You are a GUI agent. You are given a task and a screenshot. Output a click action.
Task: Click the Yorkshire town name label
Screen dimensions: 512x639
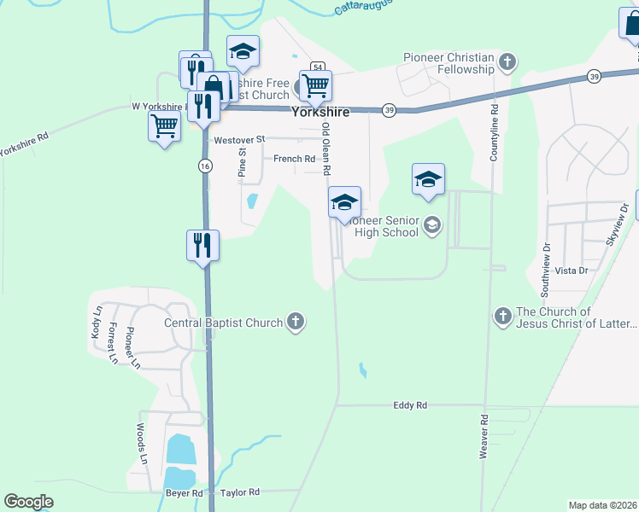[322, 111]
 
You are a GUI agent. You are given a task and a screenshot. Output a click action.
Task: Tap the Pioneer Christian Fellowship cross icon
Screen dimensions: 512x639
[508, 61]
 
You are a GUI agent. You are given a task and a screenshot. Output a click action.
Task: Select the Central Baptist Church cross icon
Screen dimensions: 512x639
[296, 322]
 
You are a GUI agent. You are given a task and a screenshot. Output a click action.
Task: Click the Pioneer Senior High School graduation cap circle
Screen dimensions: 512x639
[432, 225]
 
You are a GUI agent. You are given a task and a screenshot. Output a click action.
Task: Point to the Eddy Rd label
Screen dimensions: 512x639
[410, 405]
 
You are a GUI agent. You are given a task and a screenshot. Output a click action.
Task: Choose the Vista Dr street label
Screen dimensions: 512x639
[572, 271]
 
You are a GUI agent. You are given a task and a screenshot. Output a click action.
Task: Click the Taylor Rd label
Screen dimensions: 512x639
[238, 492]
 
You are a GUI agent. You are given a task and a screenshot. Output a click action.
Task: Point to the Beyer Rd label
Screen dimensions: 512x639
[185, 493]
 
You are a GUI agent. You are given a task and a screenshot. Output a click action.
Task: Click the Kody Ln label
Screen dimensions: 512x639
[96, 324]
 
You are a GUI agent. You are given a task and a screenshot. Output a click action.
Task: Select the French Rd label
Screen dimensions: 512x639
[294, 159]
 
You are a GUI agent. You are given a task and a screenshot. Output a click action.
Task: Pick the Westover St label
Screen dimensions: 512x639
[240, 139]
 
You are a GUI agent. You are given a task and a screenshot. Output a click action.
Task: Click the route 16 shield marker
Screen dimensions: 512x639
[205, 166]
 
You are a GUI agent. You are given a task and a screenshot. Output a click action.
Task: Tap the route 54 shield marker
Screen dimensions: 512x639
[317, 67]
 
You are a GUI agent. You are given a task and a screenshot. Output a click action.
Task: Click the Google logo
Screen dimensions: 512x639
[29, 501]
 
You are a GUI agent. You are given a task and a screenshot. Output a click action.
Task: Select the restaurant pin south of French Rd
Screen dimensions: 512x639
[203, 246]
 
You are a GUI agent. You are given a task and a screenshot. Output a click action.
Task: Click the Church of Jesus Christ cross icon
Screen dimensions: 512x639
[502, 317]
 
